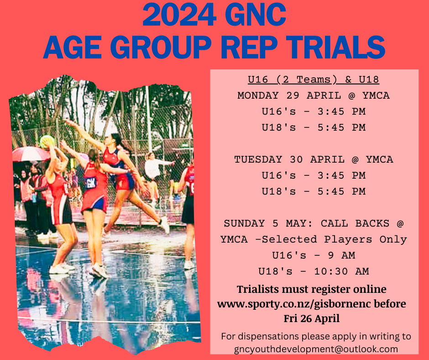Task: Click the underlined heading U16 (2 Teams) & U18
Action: point(314,80)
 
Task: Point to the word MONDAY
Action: point(258,95)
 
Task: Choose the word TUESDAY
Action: point(259,159)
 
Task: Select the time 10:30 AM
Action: point(341,271)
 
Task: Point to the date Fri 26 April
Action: point(311,318)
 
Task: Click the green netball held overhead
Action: point(47,141)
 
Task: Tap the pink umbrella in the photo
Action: point(27,154)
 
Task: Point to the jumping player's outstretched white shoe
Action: point(164,225)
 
